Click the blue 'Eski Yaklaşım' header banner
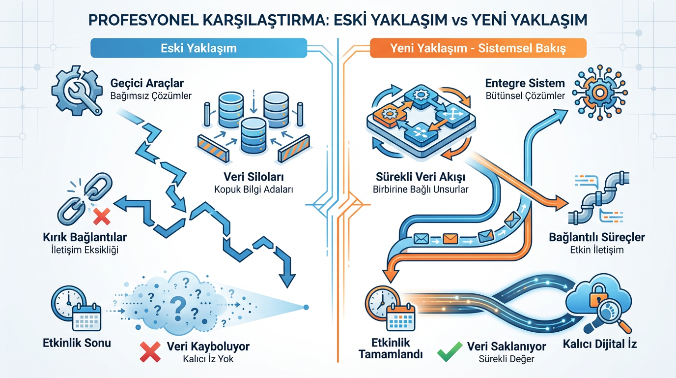198,48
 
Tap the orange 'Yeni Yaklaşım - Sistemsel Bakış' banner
478,48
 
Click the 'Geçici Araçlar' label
147,83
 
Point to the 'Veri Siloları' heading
253,177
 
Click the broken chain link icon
84,198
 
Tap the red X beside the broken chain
102,217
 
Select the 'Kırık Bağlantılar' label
85,237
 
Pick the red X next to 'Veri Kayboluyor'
150,352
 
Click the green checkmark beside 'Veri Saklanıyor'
450,351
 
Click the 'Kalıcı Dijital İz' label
600,344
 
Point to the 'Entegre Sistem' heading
525,83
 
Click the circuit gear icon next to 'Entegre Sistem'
600,92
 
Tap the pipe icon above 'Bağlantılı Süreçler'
599,198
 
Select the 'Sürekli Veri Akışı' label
421,177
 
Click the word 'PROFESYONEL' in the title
143,20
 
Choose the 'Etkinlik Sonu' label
77,343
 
